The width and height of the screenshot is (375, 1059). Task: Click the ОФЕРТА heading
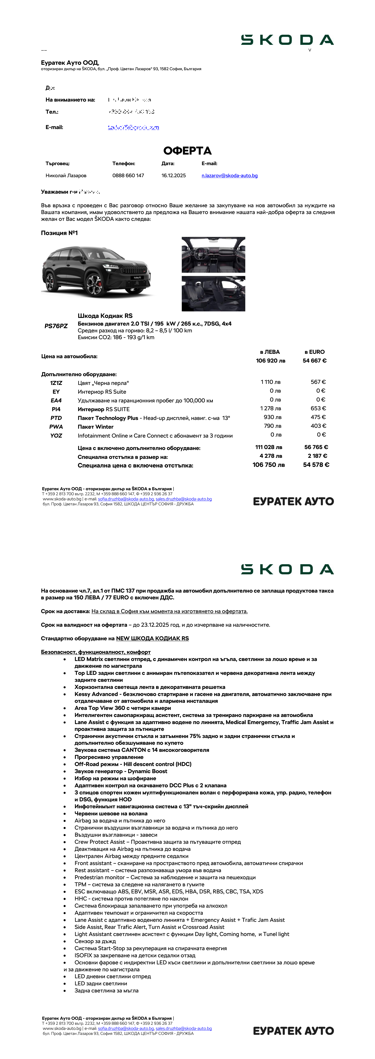tap(187, 151)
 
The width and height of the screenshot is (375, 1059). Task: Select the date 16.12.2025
tap(173, 176)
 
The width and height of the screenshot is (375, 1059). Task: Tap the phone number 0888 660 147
tap(128, 176)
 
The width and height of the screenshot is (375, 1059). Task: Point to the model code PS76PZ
tap(56, 326)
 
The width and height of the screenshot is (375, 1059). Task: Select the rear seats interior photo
tap(213, 294)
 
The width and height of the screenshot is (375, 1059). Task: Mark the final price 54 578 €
tap(316, 465)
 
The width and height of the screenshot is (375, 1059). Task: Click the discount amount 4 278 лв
tap(270, 456)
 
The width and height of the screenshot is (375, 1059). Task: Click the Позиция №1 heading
tap(59, 233)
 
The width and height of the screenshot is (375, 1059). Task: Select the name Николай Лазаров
tap(66, 176)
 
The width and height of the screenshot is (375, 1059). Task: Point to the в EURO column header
tap(315, 352)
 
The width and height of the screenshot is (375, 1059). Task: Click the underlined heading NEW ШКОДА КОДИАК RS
tap(152, 638)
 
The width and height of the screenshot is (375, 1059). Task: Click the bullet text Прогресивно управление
tap(109, 757)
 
